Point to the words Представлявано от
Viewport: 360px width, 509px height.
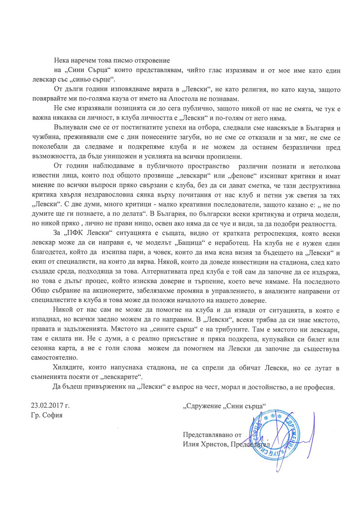212,436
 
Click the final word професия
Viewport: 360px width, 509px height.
319,387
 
